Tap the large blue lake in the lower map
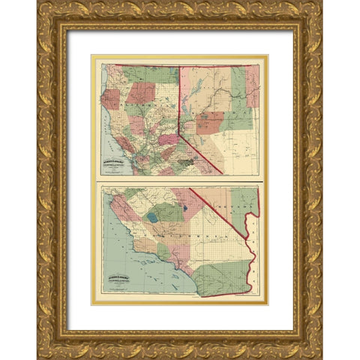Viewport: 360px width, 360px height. pyautogui.click(x=153, y=219)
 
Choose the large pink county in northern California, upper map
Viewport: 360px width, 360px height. pyautogui.click(x=140, y=92)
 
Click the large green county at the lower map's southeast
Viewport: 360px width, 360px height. pyautogui.click(x=222, y=277)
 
